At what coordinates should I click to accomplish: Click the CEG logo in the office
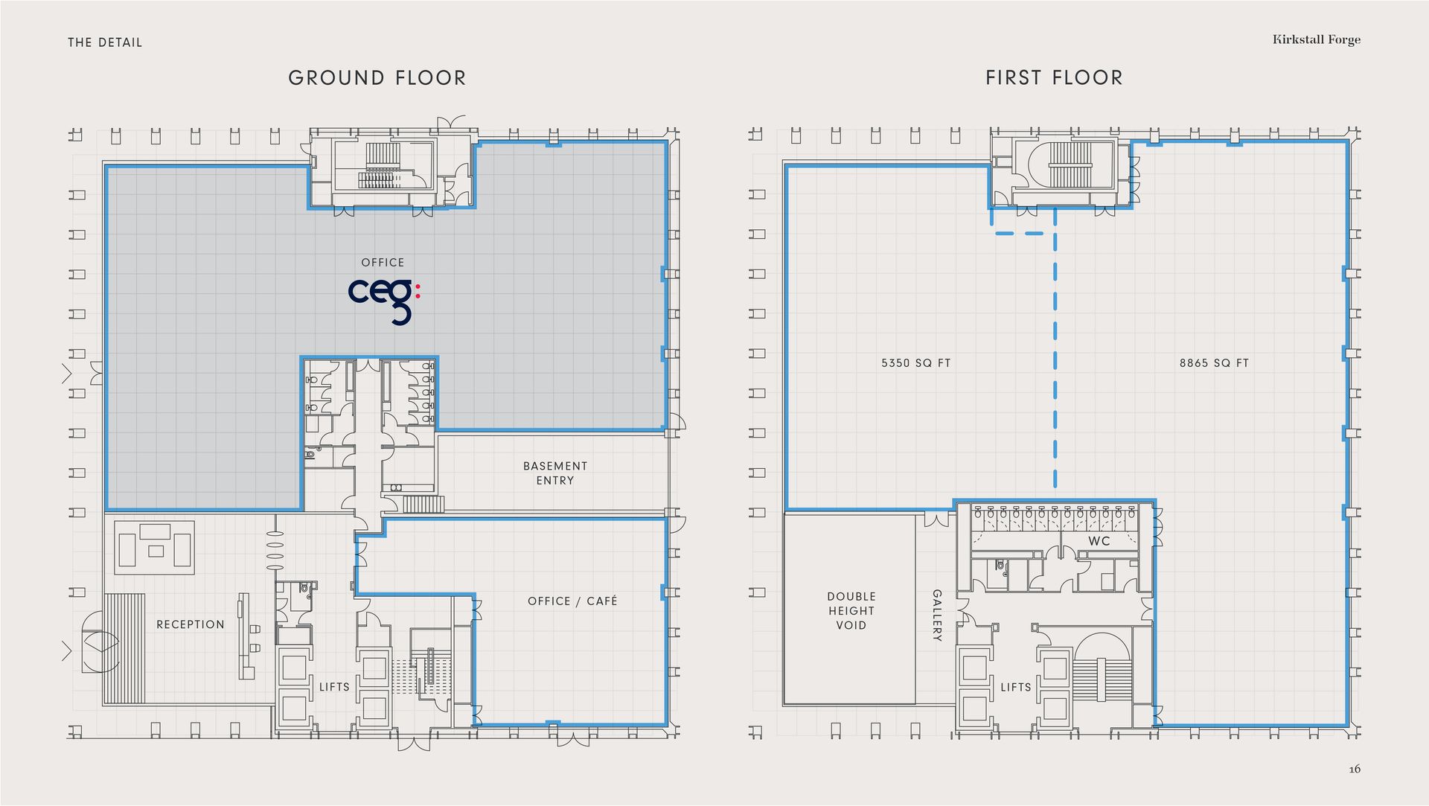384,301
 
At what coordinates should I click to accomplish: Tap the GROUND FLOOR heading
377,78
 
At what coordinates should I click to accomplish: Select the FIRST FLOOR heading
1054,77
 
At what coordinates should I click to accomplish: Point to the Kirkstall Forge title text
1317,39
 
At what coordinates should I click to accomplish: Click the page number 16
1355,770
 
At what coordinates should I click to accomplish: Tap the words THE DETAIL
105,42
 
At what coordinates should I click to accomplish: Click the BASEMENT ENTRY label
555,473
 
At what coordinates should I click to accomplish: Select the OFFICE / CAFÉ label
572,601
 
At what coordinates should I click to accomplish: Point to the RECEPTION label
191,624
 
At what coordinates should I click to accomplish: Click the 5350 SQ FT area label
916,363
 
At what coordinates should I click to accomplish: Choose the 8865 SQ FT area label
1214,363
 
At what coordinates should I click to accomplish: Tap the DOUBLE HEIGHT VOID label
851,611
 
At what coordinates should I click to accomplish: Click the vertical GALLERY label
937,615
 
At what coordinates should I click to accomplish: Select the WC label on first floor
1099,541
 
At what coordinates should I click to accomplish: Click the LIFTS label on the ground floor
334,687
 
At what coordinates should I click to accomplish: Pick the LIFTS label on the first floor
1016,687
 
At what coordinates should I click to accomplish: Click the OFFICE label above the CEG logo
383,263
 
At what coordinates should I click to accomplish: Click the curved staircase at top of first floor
1070,163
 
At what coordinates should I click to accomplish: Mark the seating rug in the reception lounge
154,547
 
